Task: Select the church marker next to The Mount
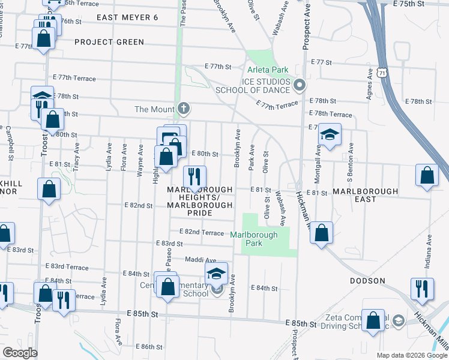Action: click(184, 109)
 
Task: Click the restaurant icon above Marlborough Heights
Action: click(194, 176)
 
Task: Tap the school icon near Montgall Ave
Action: click(330, 134)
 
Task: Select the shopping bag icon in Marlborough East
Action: click(426, 176)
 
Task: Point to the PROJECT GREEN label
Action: click(109, 42)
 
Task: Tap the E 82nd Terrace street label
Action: click(203, 232)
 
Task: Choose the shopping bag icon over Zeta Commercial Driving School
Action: click(373, 320)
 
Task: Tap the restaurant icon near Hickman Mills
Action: click(422, 289)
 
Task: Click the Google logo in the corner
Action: click(19, 353)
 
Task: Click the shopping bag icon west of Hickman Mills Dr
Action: click(322, 233)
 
